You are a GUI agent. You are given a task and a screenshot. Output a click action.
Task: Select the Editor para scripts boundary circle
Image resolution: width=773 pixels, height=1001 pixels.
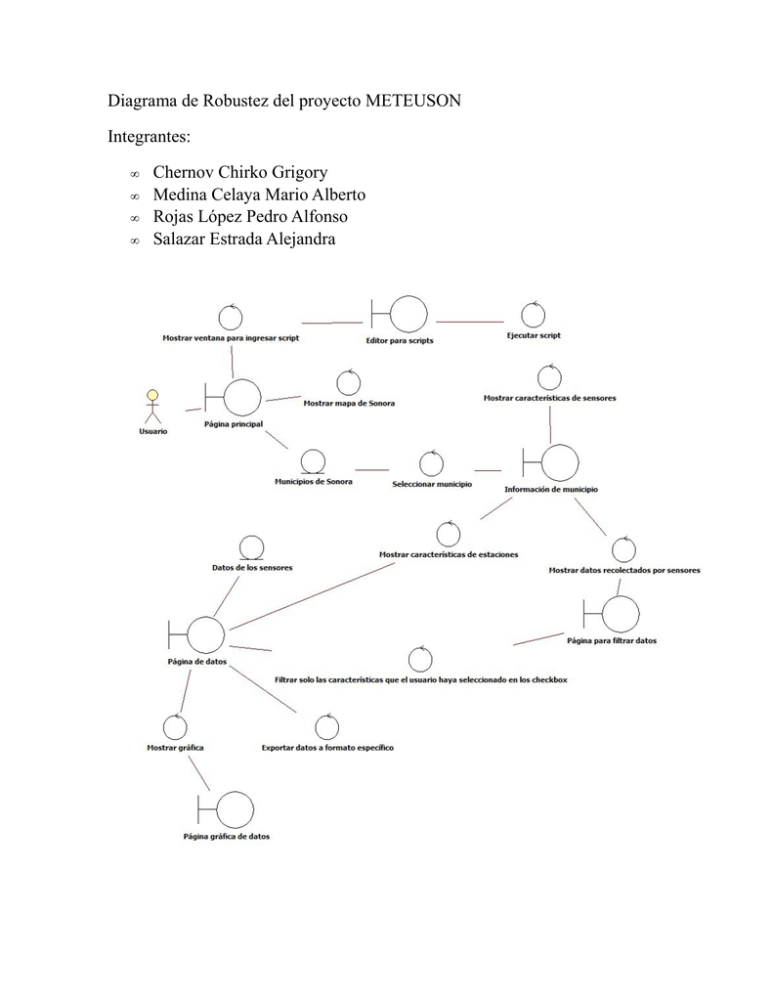[x=408, y=315]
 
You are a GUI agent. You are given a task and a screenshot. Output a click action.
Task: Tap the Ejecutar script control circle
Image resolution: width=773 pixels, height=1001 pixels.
[x=533, y=315]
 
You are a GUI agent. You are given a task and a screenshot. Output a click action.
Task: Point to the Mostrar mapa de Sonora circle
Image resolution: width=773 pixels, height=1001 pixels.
[x=349, y=382]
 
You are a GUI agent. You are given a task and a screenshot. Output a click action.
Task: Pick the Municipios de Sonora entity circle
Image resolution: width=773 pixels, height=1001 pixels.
[x=314, y=461]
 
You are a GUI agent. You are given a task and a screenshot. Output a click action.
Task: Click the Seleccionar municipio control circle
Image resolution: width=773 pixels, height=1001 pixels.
[x=431, y=463]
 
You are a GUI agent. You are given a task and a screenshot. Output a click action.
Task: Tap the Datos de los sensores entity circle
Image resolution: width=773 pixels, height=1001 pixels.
[x=252, y=547]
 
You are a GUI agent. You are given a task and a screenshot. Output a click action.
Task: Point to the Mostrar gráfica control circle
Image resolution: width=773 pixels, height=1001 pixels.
[x=175, y=726]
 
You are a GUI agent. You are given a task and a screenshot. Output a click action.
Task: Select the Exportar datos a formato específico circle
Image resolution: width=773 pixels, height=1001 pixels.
[x=327, y=727]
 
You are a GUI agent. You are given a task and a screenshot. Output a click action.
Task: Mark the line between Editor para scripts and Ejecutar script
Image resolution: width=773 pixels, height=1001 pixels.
[x=470, y=321]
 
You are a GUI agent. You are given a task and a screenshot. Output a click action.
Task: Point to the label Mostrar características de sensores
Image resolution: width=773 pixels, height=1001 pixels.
[x=549, y=398]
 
